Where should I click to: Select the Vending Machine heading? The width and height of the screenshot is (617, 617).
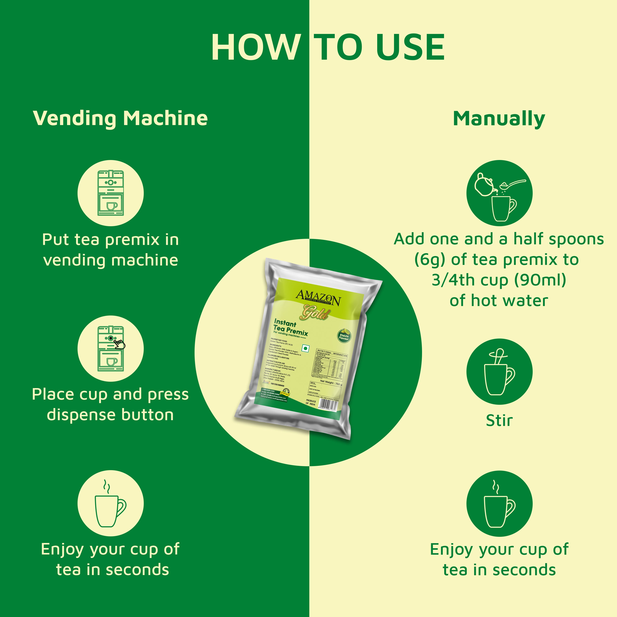(x=120, y=118)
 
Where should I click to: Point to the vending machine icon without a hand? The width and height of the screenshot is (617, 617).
(x=110, y=193)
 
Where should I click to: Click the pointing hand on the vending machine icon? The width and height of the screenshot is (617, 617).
(x=119, y=344)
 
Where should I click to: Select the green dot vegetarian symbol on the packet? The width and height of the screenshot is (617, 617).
(x=306, y=348)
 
